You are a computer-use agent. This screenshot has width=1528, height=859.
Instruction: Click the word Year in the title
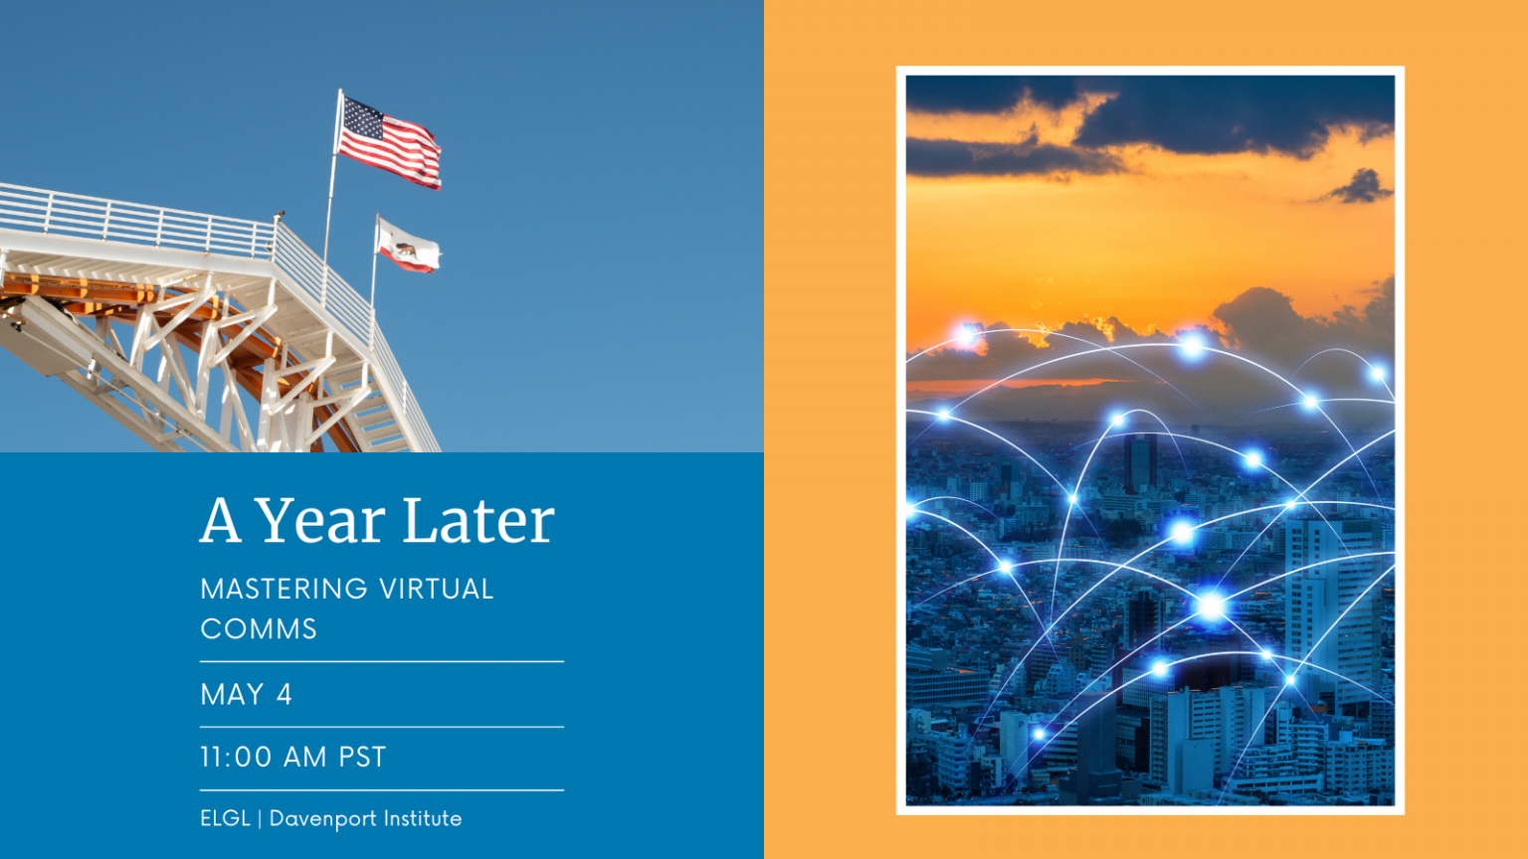pos(319,521)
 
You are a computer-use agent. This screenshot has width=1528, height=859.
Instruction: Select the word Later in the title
pos(477,521)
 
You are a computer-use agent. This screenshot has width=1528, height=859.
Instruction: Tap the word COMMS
pos(259,629)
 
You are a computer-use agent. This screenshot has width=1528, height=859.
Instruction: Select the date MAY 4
pos(246,694)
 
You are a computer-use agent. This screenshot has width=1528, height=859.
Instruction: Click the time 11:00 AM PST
pos(292,758)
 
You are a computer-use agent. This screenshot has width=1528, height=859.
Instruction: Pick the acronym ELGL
pos(225,818)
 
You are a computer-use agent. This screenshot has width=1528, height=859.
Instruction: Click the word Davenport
pos(323,819)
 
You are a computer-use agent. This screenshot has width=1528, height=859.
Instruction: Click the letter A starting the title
pos(220,521)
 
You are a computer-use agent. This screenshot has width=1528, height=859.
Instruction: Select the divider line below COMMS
pos(381,661)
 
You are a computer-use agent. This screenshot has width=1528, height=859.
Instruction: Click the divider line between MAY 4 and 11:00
pos(381,727)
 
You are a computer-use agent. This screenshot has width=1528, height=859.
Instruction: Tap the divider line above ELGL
pos(381,790)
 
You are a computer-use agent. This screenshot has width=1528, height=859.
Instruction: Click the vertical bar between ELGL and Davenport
pos(260,819)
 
